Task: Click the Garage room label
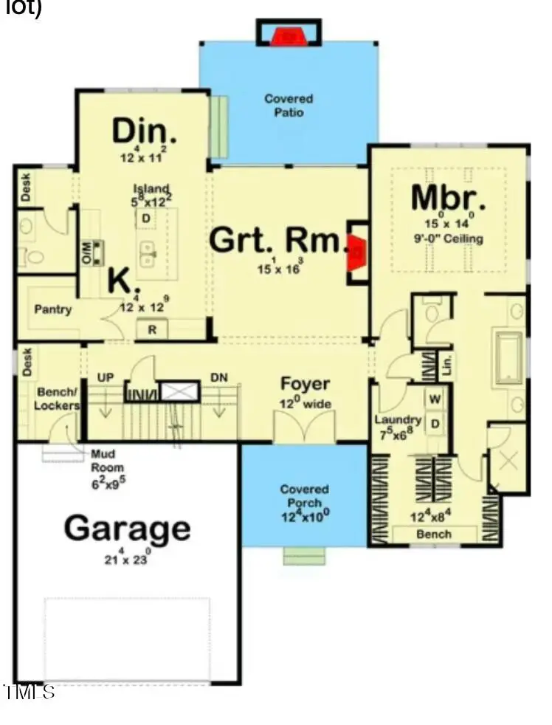pos(127,529)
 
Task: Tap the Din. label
pos(145,131)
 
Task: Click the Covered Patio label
pos(289,106)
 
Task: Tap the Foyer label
pos(305,385)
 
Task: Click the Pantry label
pos(53,309)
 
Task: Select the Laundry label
pos(397,420)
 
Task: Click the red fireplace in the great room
pos(356,251)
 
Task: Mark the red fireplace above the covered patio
pos(289,35)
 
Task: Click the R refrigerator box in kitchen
pos(153,329)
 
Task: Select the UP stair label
pos(105,377)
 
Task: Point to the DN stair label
pos(219,377)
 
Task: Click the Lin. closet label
pos(446,363)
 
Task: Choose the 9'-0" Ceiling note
pos(449,238)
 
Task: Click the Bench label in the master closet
pos(434,533)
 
